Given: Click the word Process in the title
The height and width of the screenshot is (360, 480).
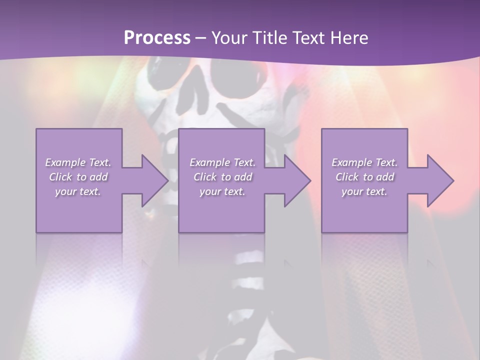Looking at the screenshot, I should pos(157,38).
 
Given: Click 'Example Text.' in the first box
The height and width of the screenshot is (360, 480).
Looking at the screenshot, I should pos(78,162).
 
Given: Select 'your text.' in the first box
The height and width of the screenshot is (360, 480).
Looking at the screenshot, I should pos(78,191).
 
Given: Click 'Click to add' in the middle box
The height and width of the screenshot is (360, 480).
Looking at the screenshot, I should pos(222,177).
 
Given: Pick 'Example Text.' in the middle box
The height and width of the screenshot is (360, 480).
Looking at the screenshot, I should pos(222,162).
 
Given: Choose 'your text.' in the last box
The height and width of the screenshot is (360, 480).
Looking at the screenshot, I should pos(364,191).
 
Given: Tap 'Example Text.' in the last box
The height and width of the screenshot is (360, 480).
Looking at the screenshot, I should pos(364,162).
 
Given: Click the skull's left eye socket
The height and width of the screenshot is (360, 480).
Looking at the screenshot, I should pos(165,67).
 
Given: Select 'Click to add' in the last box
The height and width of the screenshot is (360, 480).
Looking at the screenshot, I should pos(364,177).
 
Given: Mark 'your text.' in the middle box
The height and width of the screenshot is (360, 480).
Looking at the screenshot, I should pos(222,191).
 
